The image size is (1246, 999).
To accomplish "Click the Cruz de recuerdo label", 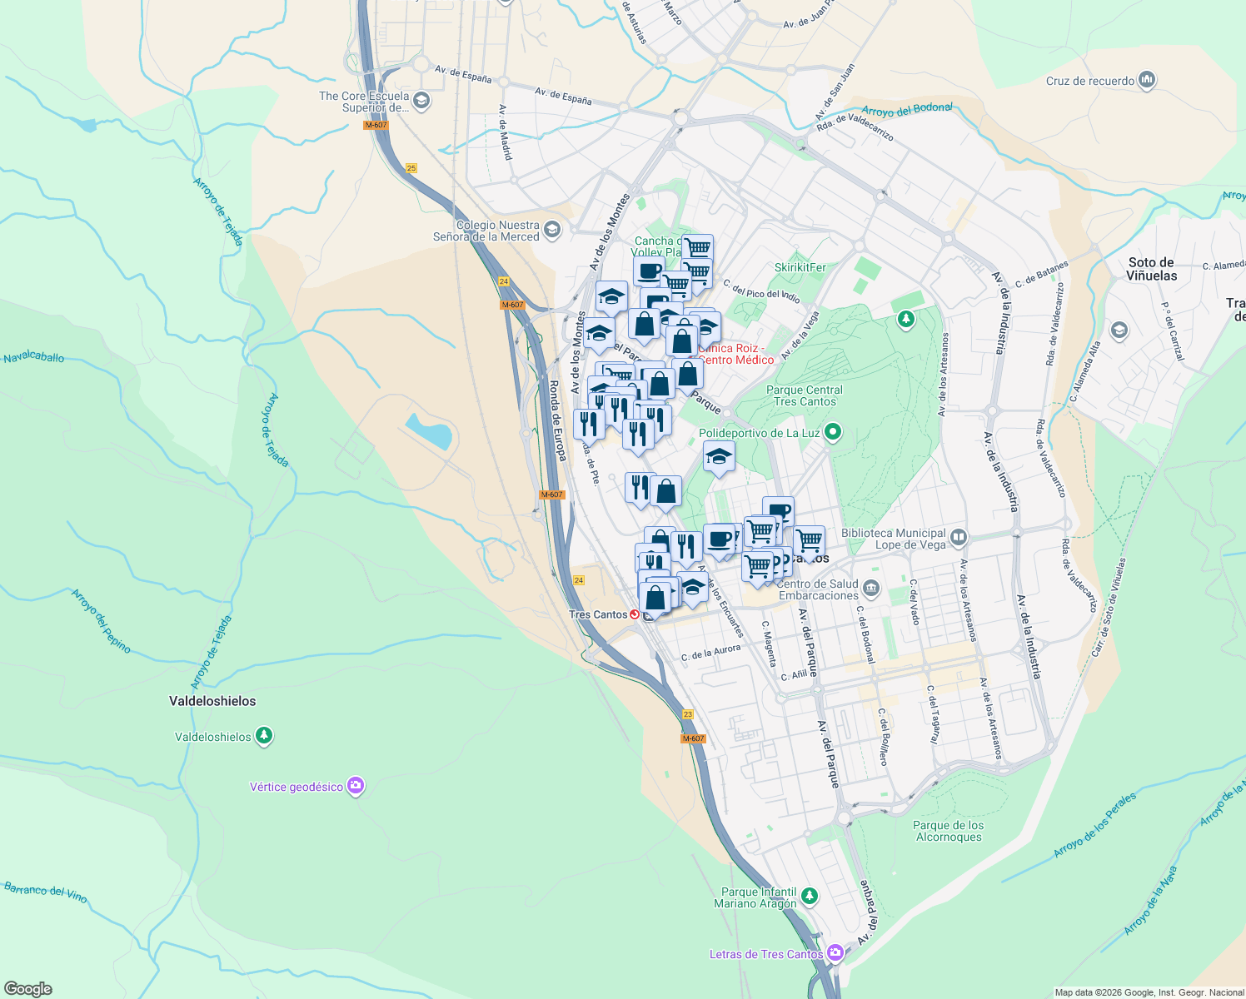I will point(1090,81).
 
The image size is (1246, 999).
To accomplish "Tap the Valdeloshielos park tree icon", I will point(264,736).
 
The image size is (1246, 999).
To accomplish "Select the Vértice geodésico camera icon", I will point(356,786).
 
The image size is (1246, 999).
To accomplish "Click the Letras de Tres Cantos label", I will point(766,954).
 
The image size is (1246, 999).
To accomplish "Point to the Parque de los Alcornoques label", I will point(948,831).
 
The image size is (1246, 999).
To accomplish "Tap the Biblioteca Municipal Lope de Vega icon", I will point(958,537).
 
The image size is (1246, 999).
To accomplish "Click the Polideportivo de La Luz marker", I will point(832,432).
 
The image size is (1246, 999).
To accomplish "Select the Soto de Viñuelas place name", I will point(1152,269).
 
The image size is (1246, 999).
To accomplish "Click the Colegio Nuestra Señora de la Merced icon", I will point(551,229).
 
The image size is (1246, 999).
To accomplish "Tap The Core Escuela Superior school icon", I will point(421,101).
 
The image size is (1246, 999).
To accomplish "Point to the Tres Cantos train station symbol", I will point(635,614).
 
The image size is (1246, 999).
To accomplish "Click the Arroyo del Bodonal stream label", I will point(907,109).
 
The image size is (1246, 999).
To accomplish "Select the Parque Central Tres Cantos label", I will point(805,395).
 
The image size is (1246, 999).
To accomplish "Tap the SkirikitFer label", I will point(800,267).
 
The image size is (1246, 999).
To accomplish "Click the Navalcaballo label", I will point(34,357).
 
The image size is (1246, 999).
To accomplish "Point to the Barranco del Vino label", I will point(45,892).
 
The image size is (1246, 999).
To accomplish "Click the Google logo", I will point(27,989).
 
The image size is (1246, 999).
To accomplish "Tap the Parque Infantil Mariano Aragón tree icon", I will point(809,897).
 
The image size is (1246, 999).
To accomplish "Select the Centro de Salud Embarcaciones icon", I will point(871,589).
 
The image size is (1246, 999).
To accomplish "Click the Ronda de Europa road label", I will point(558,420).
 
